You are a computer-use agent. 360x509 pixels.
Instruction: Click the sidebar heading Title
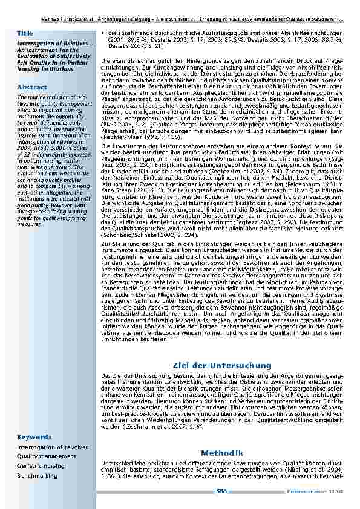[25, 32]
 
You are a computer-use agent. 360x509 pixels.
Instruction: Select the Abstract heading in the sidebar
[31, 87]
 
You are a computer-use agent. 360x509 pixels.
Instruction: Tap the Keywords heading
[34, 436]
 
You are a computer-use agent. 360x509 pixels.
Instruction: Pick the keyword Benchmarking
[37, 476]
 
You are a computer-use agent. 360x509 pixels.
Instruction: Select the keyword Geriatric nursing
[41, 466]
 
